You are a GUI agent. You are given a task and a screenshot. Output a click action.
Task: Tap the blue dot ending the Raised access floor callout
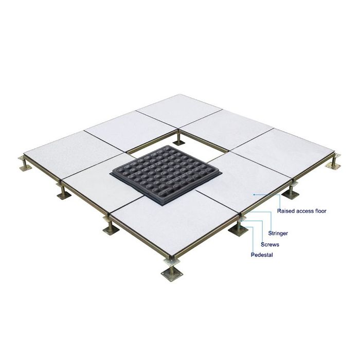[x=253, y=195]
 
